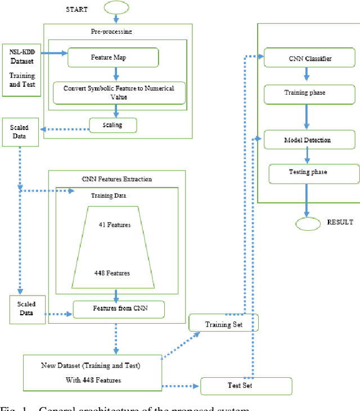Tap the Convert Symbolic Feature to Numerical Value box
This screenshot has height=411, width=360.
119,93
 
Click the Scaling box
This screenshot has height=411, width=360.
113,125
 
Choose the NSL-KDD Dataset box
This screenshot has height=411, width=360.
21,69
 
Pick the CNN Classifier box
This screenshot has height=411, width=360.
309,58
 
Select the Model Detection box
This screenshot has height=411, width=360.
307,139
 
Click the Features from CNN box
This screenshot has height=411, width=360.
118,309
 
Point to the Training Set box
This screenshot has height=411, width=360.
223,323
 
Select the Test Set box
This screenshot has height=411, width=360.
246,386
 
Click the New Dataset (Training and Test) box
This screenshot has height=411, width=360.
92,372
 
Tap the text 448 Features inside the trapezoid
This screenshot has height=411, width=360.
112,273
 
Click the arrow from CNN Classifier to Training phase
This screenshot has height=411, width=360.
306,75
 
